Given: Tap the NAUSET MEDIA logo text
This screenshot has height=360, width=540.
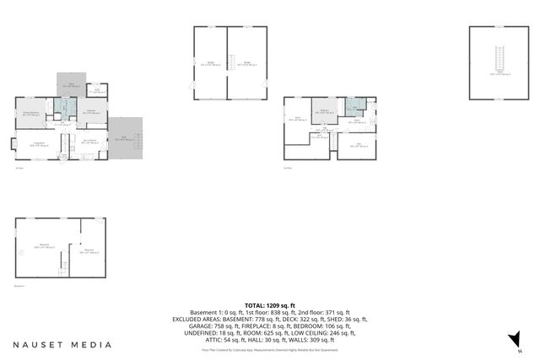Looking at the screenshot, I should [x=62, y=344].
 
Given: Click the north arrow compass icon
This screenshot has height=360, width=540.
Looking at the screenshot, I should [x=511, y=339].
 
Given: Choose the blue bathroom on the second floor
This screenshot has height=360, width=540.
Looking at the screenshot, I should [x=354, y=106].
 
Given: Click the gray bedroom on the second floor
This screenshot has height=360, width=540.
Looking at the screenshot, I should [x=325, y=112].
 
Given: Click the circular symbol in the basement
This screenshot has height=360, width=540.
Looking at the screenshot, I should [x=21, y=252].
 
